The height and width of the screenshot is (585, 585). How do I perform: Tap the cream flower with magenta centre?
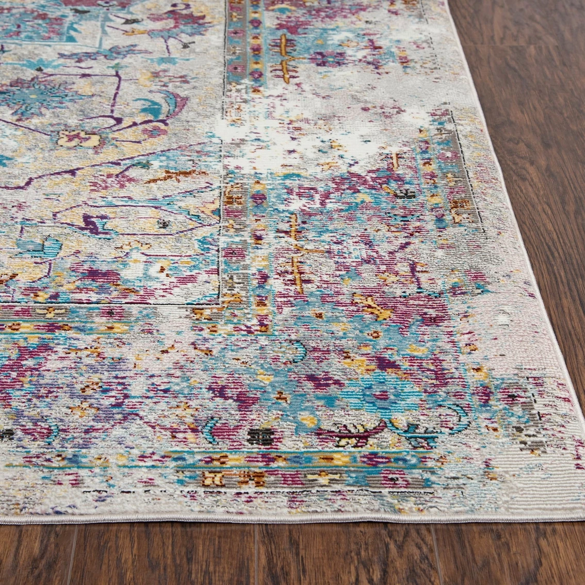click(x=78, y=138)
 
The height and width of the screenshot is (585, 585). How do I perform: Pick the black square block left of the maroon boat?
click(x=263, y=437)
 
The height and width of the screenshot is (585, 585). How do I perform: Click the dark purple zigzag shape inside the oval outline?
click(x=93, y=222)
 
